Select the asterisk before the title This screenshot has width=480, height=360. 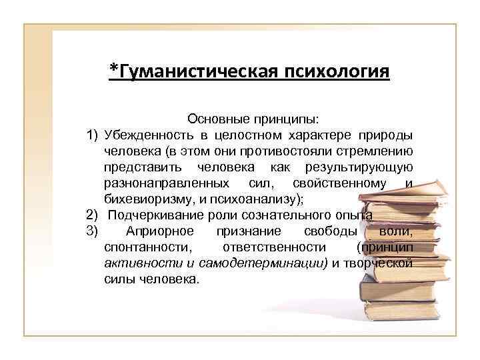pyautogui.click(x=113, y=69)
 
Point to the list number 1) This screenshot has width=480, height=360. pyautogui.click(x=93, y=135)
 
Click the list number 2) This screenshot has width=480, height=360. pyautogui.click(x=93, y=215)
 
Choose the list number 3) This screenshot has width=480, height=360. pyautogui.click(x=93, y=231)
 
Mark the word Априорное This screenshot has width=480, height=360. pyautogui.click(x=159, y=231)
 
